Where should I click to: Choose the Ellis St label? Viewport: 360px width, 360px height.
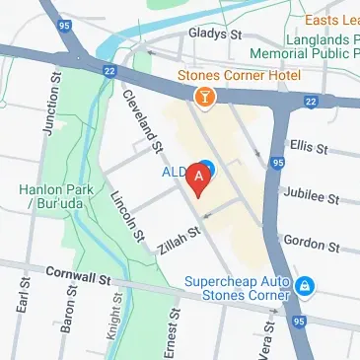(x=308, y=146)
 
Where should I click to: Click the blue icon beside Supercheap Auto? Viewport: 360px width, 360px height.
(x=306, y=287)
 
